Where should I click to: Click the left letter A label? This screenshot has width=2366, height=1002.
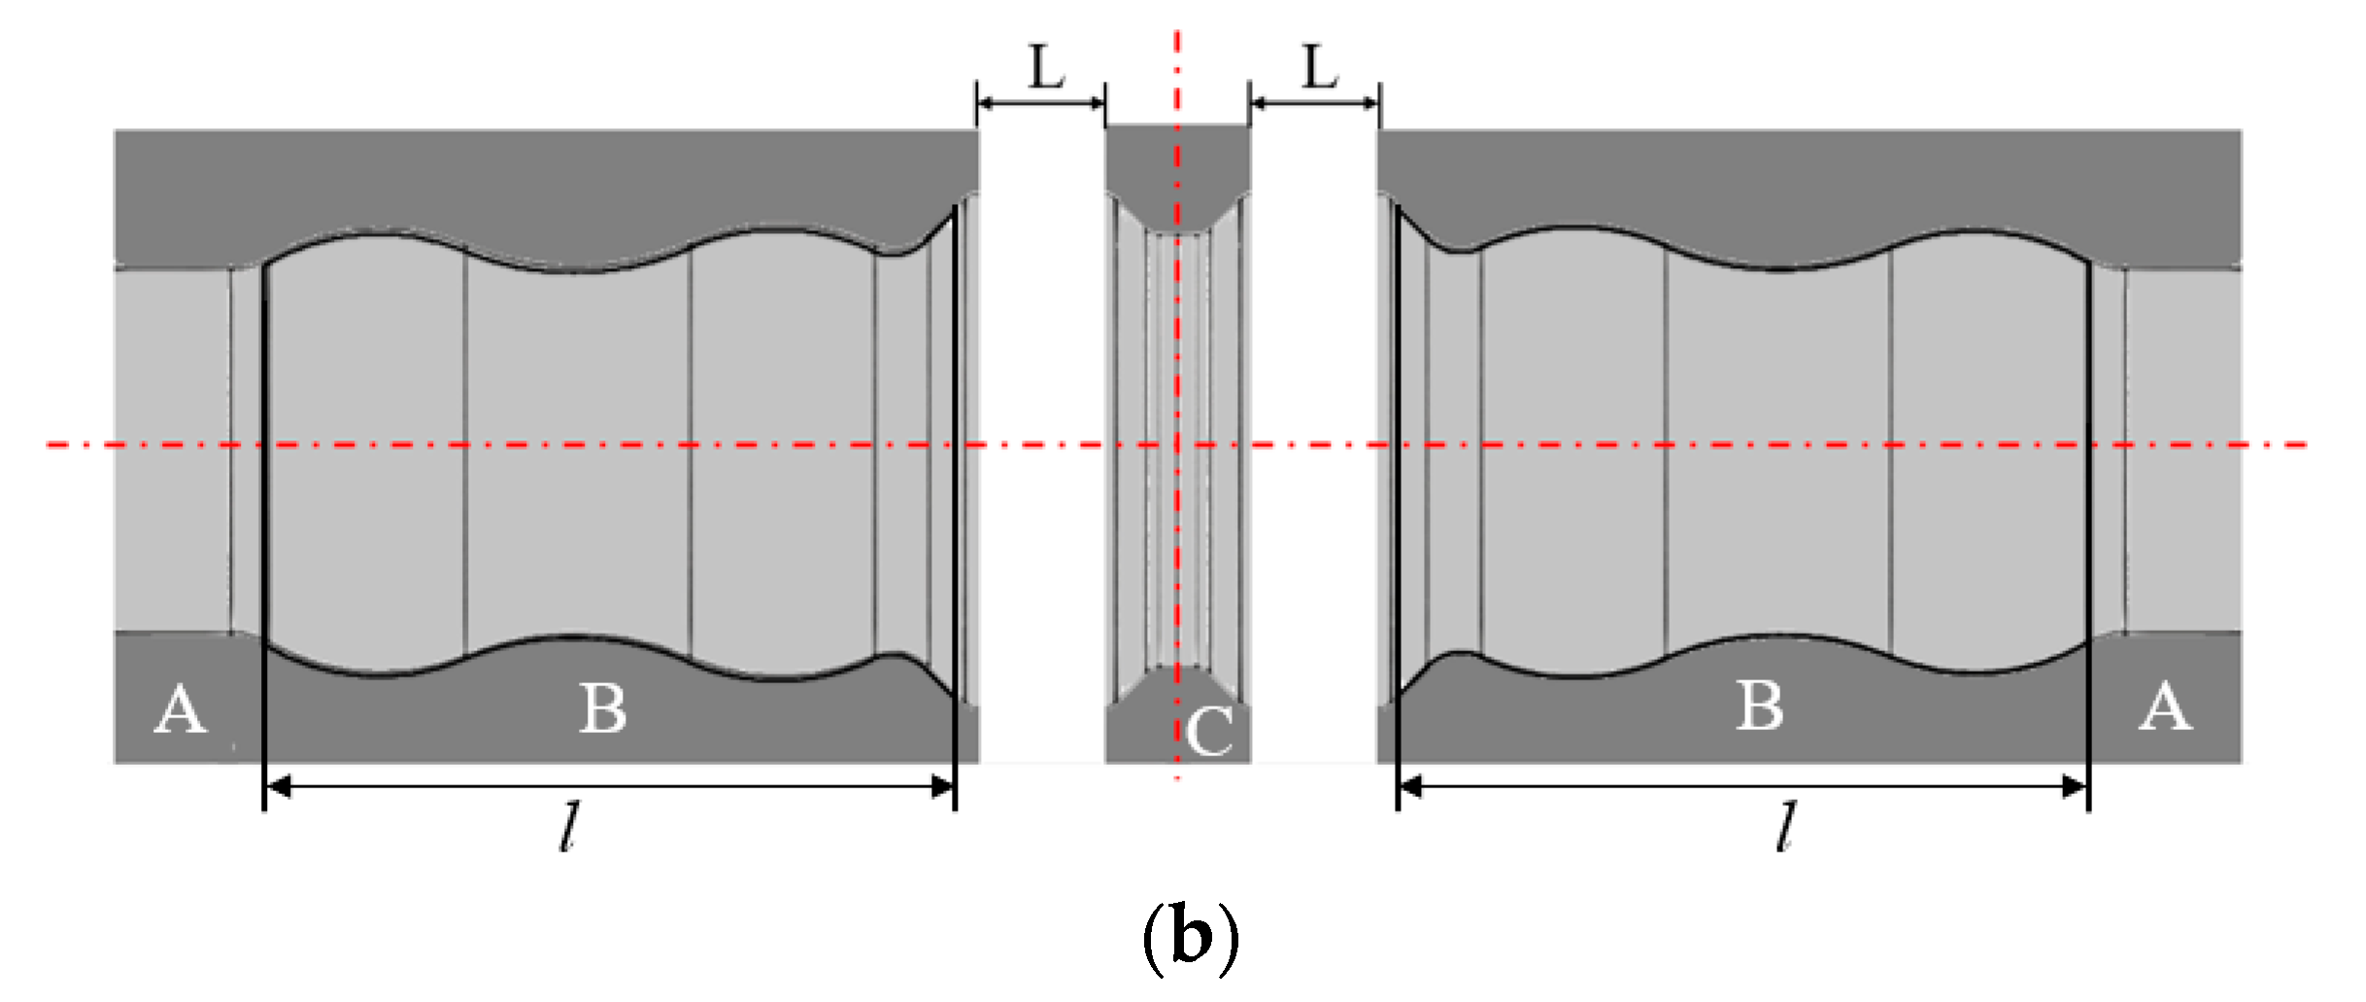tap(181, 709)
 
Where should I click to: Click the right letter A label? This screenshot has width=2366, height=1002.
tap(2165, 707)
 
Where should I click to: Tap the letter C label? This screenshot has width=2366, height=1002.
tap(1210, 731)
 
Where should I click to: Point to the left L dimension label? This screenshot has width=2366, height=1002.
tap(1046, 68)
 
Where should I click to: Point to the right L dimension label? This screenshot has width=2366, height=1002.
tap(1320, 68)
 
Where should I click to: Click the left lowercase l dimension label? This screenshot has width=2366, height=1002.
tap(570, 827)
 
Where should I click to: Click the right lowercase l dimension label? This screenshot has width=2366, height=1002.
tap(1785, 827)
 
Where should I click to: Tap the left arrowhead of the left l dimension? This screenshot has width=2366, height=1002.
tap(278, 786)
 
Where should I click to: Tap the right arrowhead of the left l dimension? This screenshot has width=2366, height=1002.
tap(942, 786)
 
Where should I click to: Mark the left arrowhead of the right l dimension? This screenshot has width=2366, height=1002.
tap(1410, 786)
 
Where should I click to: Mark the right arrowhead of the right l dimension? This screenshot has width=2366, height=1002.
tap(2076, 786)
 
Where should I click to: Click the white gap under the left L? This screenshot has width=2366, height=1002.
tap(1041, 437)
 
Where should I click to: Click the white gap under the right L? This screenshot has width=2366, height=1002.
tap(1313, 437)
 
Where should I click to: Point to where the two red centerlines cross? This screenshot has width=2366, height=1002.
tap(1177, 445)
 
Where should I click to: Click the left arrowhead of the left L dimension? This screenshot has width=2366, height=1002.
tap(986, 102)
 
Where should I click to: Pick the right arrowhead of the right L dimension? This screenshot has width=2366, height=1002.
tap(1370, 102)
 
